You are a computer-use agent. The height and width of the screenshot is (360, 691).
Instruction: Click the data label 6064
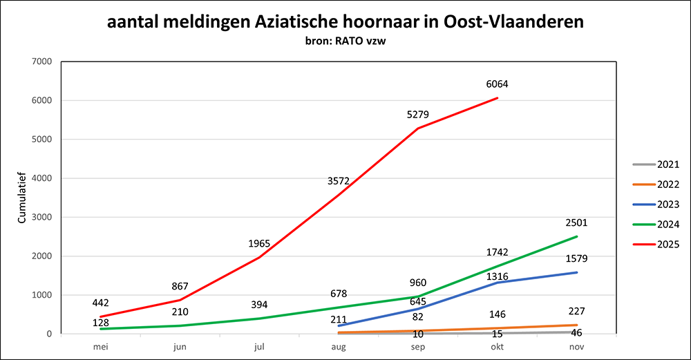coord(498,84)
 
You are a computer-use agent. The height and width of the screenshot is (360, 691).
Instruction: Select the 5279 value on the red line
coord(418,114)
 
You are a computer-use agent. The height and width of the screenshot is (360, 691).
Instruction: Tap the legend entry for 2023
coord(654,205)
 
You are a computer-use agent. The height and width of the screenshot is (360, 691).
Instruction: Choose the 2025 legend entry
coord(654,244)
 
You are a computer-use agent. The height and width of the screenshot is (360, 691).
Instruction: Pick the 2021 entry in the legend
coord(654,164)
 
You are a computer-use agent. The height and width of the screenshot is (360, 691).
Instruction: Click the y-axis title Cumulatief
coord(21,197)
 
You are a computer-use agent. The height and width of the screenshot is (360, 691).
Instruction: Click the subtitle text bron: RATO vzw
coord(345,42)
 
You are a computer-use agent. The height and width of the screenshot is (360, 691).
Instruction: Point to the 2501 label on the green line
coord(577,222)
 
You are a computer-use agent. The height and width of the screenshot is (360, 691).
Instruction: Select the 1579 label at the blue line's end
coord(577,258)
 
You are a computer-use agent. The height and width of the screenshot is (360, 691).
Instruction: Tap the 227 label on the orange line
coord(577,310)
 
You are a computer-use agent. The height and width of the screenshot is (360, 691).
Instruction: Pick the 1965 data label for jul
coord(259,243)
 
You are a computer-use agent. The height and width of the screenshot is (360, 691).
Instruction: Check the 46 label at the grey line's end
coord(577,332)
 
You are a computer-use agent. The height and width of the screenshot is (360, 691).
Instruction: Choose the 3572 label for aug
coord(339,181)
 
